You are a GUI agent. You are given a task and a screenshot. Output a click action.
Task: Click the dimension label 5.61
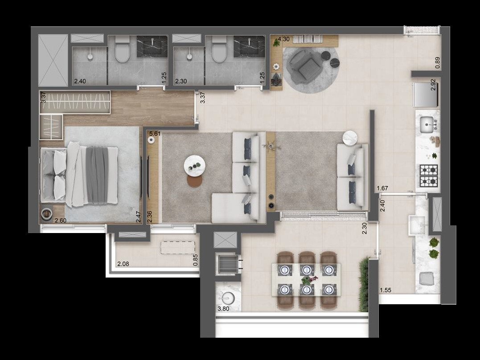coord(155,134)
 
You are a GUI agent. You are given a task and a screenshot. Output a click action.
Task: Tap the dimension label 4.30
coord(283,40)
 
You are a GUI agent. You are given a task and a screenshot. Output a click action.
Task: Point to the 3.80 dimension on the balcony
coord(223,309)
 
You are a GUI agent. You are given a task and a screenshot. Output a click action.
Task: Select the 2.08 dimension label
coord(123,264)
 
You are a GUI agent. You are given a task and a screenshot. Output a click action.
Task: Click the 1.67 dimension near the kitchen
coord(383,188)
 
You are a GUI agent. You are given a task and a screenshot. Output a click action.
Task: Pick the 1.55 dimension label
coord(386,290)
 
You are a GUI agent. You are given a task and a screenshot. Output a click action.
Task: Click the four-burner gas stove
coord(429,176)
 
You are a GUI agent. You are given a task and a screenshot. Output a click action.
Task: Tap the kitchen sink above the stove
coord(427,125)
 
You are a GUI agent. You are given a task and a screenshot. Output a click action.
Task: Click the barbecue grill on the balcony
coord(228,263)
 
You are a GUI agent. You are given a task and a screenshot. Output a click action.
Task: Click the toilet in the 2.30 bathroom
coord(219,49)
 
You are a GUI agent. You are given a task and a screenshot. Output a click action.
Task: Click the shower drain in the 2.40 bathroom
coord(90,57)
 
